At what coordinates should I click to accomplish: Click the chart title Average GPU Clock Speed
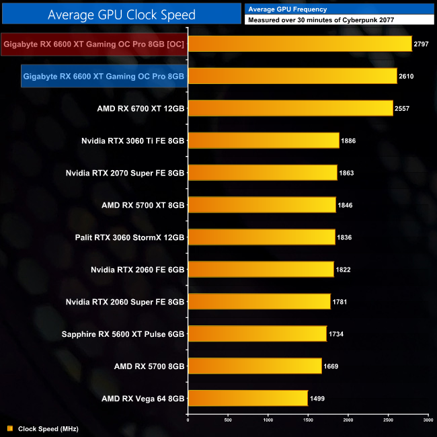click(x=122, y=13)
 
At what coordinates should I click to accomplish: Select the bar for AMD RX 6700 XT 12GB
click(x=290, y=108)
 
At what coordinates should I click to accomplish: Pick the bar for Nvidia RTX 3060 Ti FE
click(x=263, y=141)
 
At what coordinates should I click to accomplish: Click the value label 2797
click(x=423, y=44)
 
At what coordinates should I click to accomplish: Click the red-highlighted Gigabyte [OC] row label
click(x=93, y=44)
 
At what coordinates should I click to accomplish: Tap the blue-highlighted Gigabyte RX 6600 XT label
click(x=103, y=77)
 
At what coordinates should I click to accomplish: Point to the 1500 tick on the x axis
click(x=308, y=421)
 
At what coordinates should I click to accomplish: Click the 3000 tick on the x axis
click(x=428, y=421)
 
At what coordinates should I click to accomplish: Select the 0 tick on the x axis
click(x=188, y=421)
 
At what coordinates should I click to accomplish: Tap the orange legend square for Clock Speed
click(x=9, y=428)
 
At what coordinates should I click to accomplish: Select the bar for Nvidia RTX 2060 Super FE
click(x=259, y=302)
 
